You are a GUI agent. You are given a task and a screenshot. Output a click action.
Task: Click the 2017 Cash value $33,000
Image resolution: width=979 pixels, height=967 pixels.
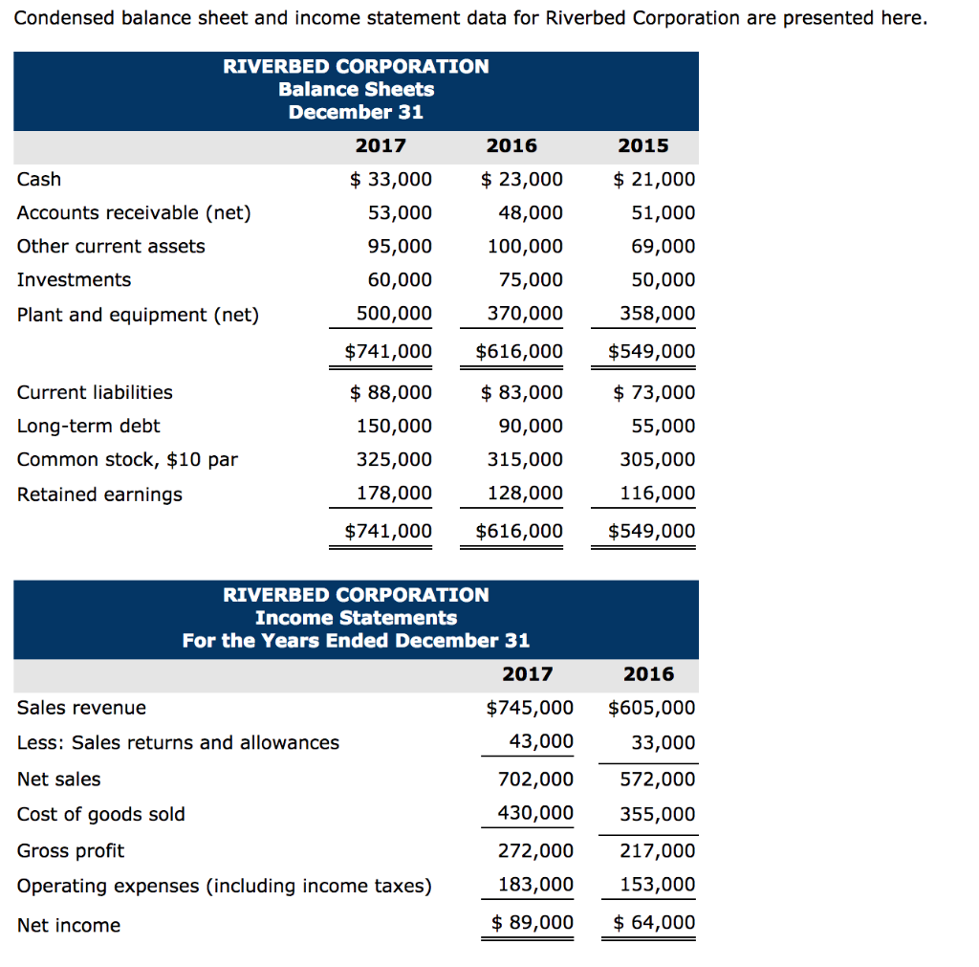pos(391,180)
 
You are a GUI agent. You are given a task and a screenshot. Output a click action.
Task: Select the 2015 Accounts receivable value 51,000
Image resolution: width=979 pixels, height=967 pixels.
pos(664,212)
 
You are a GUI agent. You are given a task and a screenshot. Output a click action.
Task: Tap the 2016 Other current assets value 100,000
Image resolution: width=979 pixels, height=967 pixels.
pos(525,246)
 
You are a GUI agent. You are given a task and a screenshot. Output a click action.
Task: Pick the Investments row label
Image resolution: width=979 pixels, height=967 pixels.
pos(74,279)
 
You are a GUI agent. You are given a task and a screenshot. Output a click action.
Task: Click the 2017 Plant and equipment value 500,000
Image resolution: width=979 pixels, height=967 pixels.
pos(394,314)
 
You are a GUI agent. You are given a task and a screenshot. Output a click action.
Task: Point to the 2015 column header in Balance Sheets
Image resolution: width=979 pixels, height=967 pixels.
pos(643,146)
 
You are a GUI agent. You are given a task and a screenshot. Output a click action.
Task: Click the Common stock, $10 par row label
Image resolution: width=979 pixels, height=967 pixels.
pos(127,459)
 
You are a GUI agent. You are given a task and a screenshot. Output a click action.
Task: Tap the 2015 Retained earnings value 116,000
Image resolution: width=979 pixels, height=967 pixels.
pos(658,494)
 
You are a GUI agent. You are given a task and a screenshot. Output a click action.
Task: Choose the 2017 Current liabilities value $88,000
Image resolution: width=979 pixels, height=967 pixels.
pos(391,392)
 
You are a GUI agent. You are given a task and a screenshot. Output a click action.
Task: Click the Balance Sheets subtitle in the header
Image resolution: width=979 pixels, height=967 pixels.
pos(356,89)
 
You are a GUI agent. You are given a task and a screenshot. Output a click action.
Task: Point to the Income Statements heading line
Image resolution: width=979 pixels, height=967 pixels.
pos(356,618)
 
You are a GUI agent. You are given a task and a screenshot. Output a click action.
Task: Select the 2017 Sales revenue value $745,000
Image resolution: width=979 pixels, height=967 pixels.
pos(530,708)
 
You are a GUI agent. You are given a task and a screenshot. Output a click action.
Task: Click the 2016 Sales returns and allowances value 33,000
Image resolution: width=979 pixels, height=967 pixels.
pos(664,743)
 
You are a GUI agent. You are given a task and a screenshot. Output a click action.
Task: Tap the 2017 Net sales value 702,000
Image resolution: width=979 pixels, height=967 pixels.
pos(536,780)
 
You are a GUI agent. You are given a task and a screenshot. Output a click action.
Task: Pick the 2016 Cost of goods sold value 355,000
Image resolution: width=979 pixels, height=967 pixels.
pos(658,815)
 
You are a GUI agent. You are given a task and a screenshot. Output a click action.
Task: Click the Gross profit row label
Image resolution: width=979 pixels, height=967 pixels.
pos(71,850)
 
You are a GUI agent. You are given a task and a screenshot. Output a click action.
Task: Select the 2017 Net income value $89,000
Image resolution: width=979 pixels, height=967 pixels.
pos(533,922)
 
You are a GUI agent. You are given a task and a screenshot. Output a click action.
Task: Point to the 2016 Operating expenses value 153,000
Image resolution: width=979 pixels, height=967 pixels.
pos(658,885)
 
